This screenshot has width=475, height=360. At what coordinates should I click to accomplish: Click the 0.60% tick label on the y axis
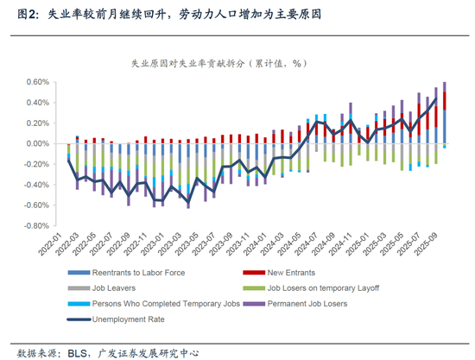pos(37,82)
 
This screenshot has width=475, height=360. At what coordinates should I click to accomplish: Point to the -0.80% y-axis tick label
pos(36,226)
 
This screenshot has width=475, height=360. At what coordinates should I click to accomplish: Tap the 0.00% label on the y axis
pos(37,143)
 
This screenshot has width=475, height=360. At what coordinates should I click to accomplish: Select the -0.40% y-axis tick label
pos(36,185)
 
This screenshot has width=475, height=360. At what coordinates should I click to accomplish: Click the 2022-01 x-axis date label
pos(50,244)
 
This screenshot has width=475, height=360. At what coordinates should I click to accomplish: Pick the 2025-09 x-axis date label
pos(427,244)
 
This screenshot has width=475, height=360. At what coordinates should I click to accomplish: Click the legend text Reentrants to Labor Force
pos(138,273)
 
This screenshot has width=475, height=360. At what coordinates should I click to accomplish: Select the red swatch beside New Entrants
pos(254,273)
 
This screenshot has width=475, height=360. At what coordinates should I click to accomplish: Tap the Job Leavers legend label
pos(114,288)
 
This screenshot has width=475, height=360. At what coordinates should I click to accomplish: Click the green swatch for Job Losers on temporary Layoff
pos(254,288)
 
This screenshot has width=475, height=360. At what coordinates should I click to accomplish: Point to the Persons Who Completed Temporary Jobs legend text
pos(166,304)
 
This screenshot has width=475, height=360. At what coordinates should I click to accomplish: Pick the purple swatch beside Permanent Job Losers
pos(254,304)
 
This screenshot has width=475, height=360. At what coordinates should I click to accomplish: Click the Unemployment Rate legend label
pos(128,319)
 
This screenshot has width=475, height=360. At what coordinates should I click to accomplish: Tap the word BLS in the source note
pos(78,353)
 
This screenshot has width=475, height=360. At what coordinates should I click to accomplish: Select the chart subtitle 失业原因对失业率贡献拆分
pos(187,64)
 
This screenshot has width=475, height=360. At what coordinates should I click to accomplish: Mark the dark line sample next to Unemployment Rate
pos(79,319)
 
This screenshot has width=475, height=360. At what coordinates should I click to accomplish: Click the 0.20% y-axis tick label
pos(37,123)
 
